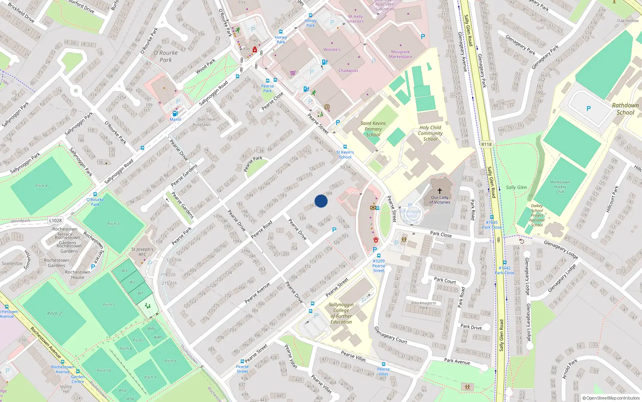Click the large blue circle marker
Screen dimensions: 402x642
coord(321,201)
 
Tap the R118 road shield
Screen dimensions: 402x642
coord(486,144)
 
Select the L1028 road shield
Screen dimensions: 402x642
coord(55,220)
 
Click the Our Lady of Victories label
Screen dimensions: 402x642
coord(440,200)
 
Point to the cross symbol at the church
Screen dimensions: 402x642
coord(440,191)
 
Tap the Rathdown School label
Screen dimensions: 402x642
coord(625,109)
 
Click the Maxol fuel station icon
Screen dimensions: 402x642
coord(175,114)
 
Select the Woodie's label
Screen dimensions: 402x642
coord(332,50)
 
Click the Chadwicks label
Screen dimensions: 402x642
coord(348,71)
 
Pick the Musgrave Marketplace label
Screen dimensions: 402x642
coord(400,54)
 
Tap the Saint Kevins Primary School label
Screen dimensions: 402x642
coord(373,129)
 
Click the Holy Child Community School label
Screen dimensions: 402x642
coord(430,133)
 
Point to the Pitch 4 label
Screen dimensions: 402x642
coord(41,186)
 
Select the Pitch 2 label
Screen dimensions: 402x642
coord(54,314)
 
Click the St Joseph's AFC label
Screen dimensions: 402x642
coord(142,252)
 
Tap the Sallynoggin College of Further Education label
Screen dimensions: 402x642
coord(341,313)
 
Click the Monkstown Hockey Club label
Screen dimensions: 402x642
coord(560,187)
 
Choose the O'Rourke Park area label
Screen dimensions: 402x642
coord(165,56)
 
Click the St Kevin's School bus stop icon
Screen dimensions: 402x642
coord(345,147)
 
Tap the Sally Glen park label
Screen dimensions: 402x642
coord(516,187)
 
